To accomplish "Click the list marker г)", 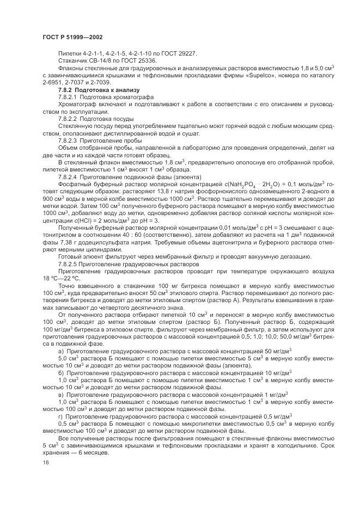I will pos(60,416).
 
